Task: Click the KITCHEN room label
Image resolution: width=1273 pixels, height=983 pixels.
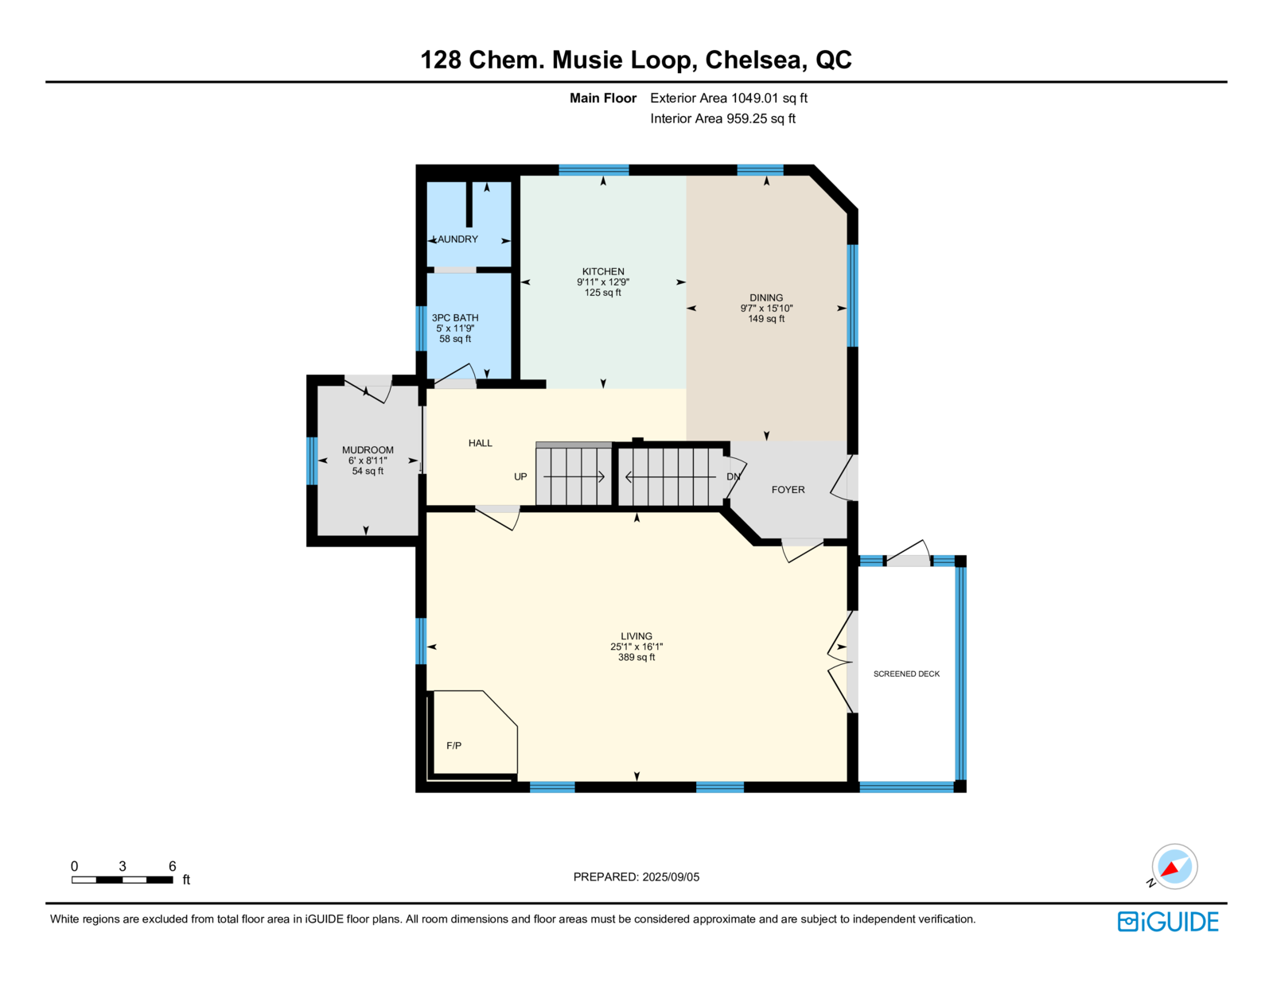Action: [603, 272]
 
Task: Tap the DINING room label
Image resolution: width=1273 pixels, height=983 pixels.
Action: [766, 298]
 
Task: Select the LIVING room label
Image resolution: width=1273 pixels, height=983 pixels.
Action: [636, 636]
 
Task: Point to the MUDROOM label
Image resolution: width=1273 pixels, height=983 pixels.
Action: [368, 450]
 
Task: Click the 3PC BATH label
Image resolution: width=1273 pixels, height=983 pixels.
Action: [455, 318]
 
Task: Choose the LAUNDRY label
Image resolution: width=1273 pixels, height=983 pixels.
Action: [457, 239]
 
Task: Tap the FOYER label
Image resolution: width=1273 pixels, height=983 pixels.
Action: [788, 489]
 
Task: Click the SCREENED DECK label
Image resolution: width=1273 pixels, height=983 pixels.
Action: [906, 674]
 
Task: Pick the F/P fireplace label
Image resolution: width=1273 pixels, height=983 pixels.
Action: [454, 745]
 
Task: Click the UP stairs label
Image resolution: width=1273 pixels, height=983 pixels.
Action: [520, 476]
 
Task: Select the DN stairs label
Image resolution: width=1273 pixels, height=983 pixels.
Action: [734, 476]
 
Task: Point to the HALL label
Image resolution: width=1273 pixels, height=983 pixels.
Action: [481, 443]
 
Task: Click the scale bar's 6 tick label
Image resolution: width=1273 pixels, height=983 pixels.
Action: [172, 866]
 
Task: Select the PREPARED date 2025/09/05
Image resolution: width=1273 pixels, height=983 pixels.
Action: [671, 877]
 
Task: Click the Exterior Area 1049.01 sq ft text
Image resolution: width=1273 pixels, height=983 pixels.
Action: [729, 99]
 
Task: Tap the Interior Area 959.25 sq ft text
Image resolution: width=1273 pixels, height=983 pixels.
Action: [723, 119]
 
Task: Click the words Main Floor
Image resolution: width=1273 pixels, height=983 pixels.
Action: [603, 99]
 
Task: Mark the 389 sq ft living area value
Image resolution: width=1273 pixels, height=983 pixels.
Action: [636, 658]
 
